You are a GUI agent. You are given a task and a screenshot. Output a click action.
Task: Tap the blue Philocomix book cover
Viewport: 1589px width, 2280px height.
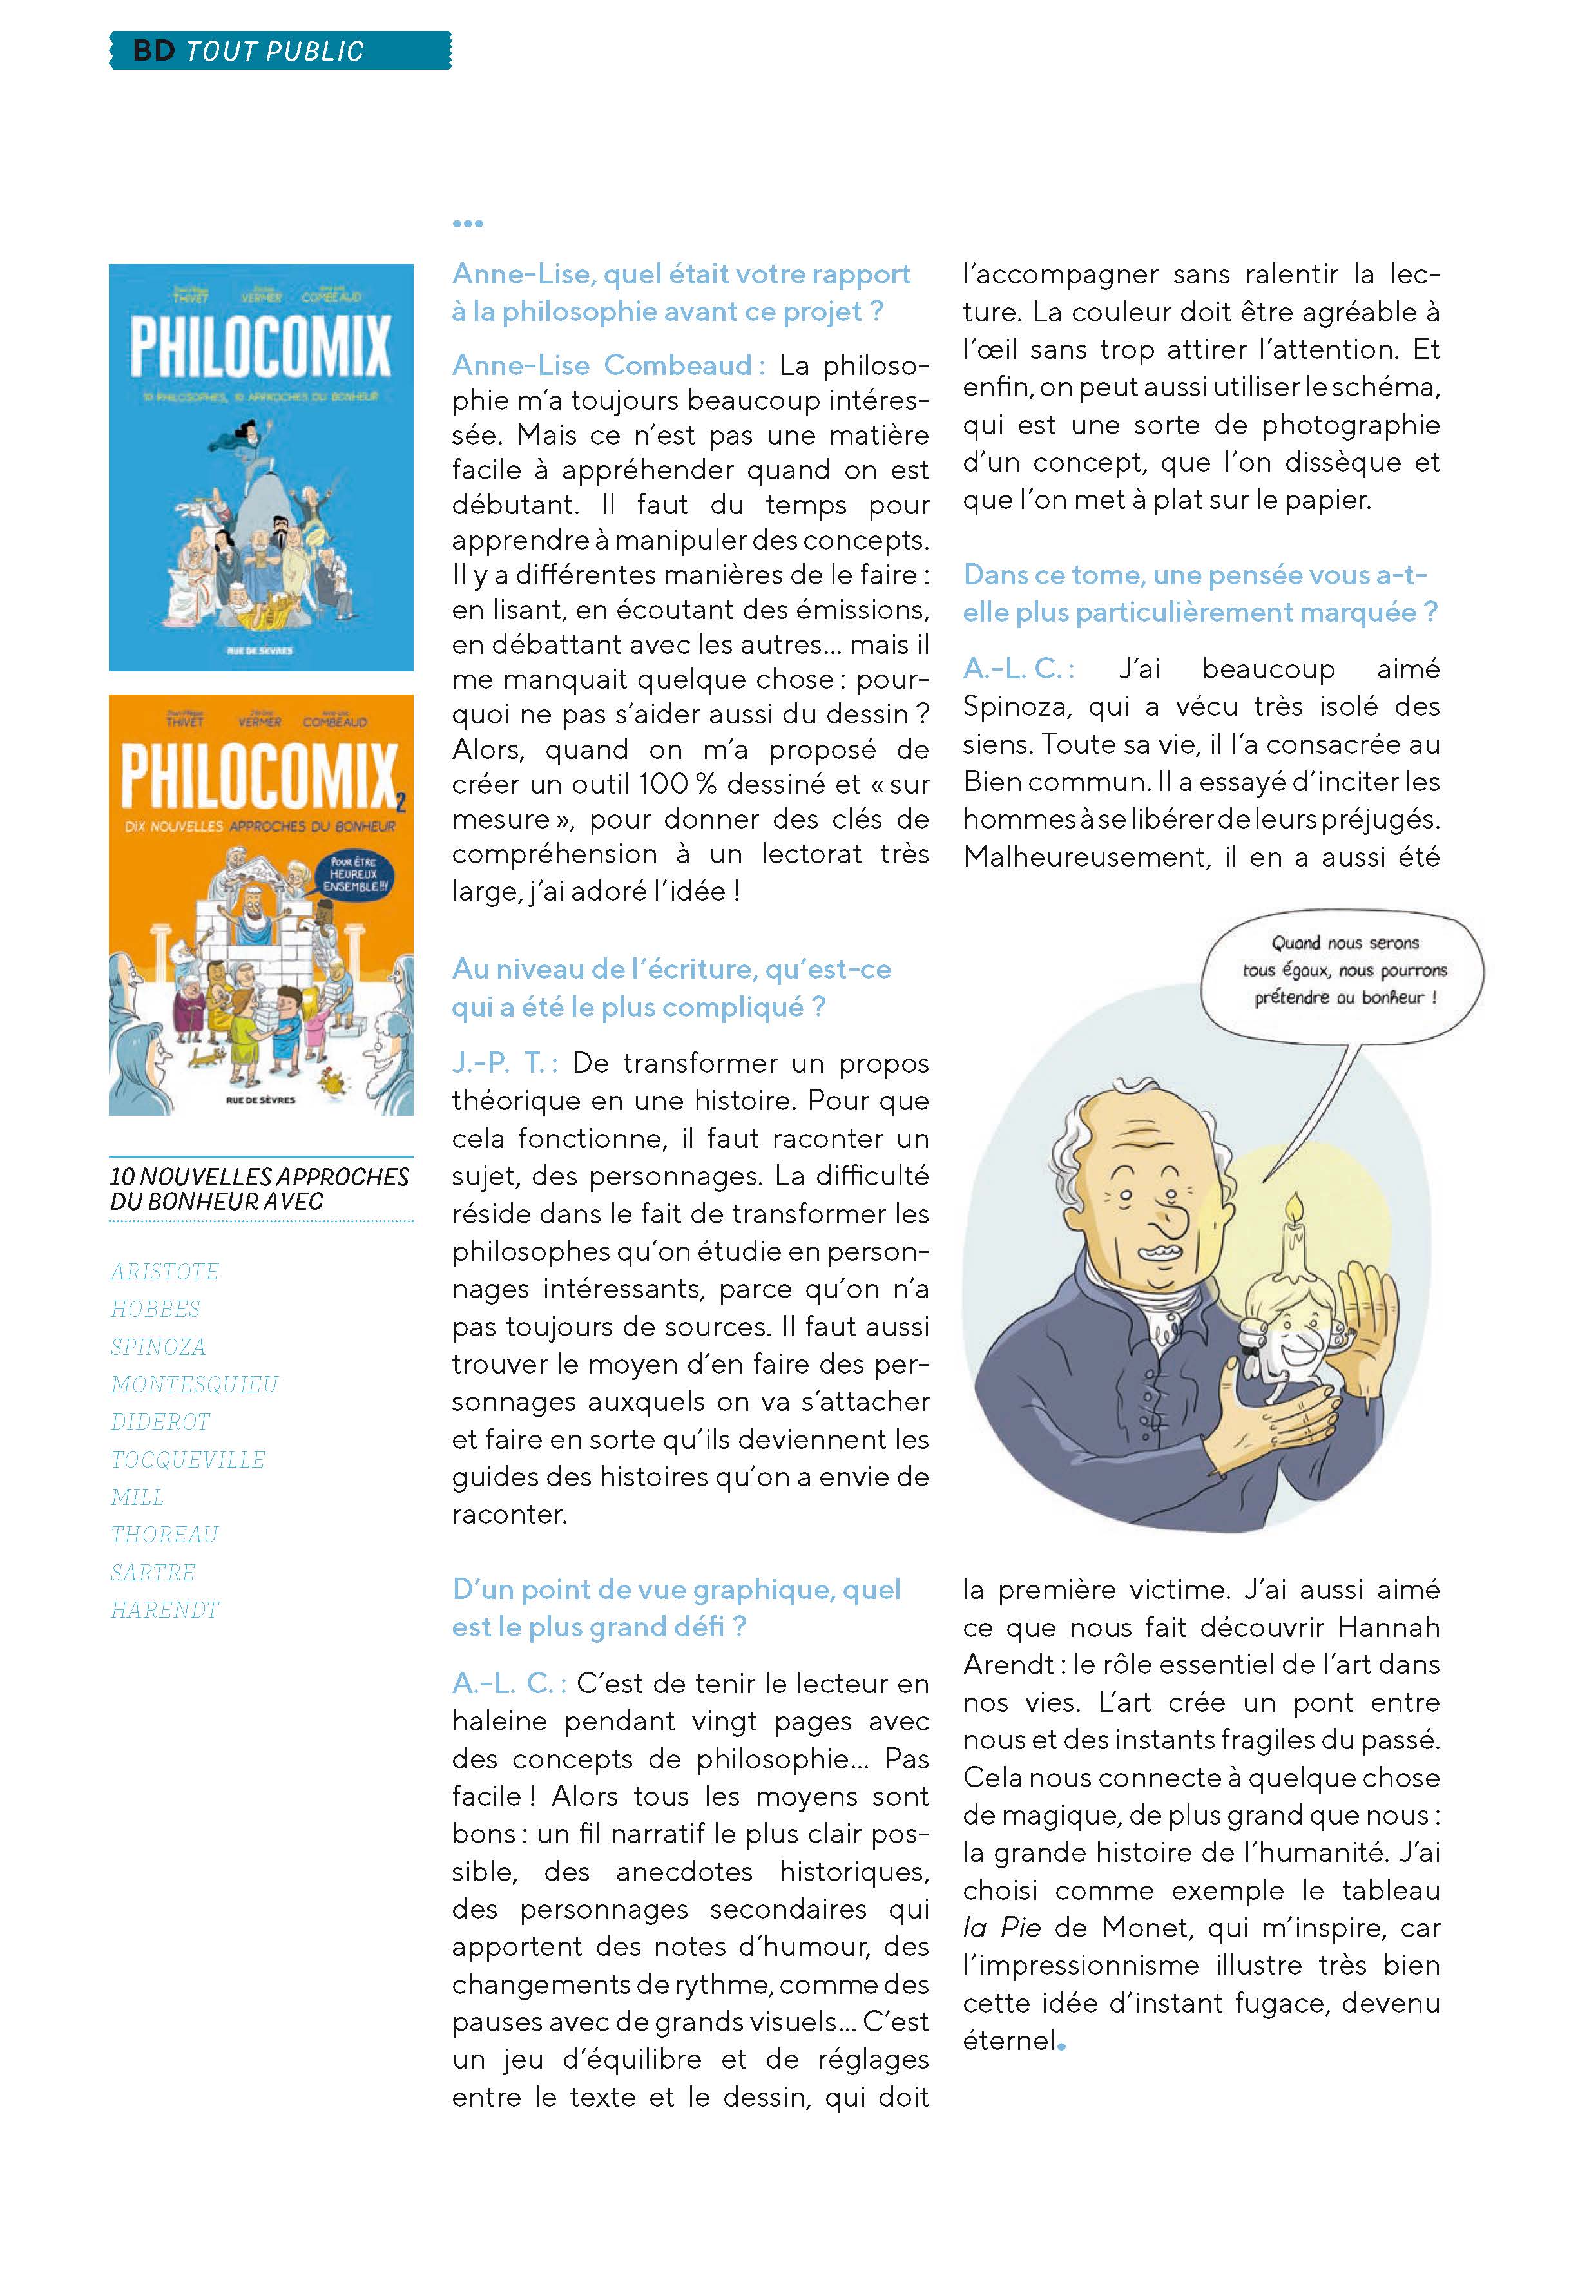coord(260,466)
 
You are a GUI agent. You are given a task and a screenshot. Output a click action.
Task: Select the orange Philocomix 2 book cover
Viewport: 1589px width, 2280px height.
coord(260,904)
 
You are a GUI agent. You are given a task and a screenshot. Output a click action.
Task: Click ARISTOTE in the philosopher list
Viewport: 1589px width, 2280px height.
coord(165,1272)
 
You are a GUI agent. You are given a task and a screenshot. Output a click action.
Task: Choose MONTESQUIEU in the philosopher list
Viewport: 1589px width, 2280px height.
coord(195,1384)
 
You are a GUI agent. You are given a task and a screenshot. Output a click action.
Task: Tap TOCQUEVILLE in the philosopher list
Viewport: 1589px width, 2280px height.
coord(188,1460)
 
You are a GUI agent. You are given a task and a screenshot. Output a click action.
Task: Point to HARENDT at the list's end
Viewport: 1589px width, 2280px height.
coord(165,1610)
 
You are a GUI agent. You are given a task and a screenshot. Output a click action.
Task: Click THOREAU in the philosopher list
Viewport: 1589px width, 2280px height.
coord(164,1534)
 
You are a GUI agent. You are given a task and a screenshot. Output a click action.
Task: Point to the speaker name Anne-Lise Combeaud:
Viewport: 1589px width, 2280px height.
coord(608,365)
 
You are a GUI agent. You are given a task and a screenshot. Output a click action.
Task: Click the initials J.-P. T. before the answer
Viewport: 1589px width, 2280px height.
coord(503,1064)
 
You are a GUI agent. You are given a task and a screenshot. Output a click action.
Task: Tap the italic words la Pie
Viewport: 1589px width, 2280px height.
coord(1001,1928)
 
